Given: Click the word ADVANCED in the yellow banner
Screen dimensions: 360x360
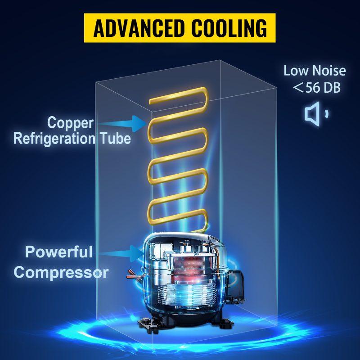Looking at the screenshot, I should click(137, 27).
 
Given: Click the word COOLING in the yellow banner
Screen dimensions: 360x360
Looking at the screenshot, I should click(228, 27).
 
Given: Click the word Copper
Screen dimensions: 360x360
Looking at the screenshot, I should click(70, 122).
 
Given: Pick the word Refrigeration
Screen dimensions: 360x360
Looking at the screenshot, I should click(53, 138).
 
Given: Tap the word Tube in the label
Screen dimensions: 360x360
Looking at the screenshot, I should click(115, 138).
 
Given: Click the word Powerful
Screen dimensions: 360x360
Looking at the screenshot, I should click(59, 252).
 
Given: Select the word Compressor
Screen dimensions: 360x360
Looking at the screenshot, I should click(61, 272).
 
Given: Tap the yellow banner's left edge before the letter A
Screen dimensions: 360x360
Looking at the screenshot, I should click(88, 27).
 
